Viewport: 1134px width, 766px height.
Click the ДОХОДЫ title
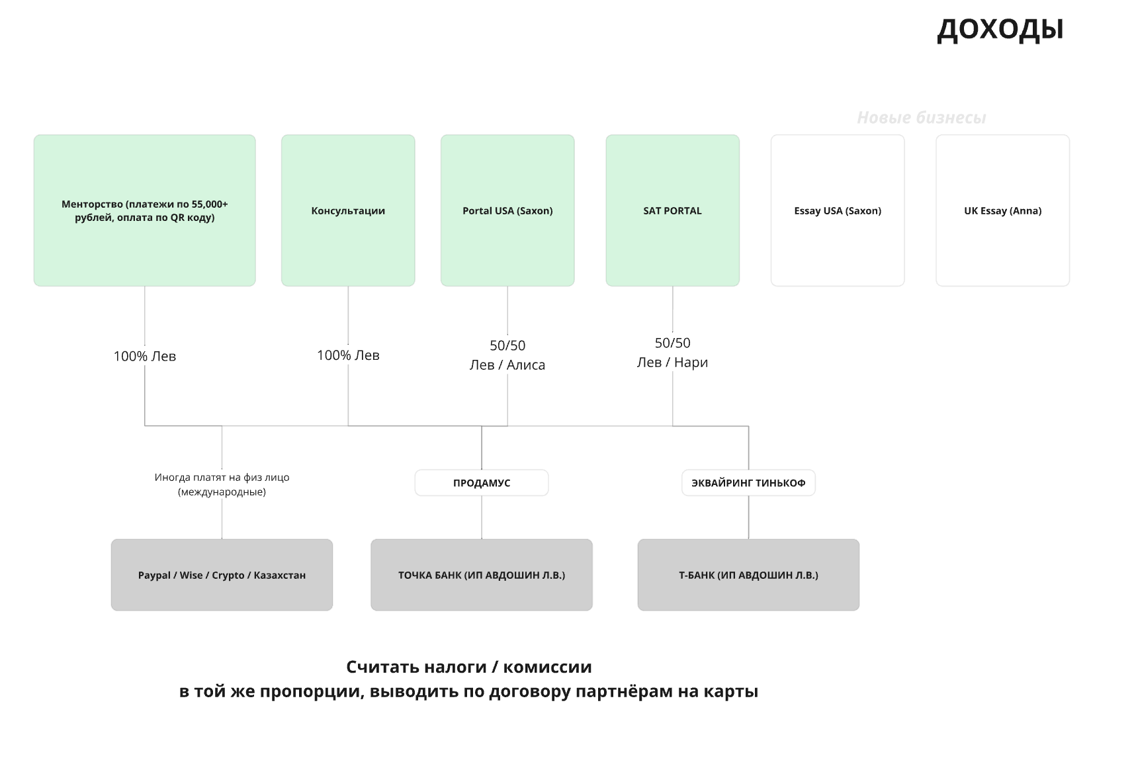coord(1000,29)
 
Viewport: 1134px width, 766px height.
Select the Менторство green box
coord(145,210)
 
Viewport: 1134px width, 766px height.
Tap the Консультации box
coord(348,210)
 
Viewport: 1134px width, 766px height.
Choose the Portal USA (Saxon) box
coord(507,210)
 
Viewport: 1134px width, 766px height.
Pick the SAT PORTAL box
coord(673,210)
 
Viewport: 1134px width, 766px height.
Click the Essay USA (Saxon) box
coord(838,210)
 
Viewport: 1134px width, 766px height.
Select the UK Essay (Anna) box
coord(1003,210)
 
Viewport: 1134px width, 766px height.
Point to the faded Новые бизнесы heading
coord(922,118)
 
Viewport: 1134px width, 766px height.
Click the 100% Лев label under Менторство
coord(145,357)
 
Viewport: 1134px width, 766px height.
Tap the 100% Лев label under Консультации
coord(348,355)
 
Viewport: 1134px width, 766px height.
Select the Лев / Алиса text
coord(507,365)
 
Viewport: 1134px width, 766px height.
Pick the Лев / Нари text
coord(673,362)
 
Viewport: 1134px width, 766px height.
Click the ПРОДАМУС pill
coord(482,483)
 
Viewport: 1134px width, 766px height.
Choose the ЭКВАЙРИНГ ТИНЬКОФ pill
coord(749,483)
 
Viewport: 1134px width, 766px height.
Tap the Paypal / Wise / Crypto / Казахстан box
coord(222,575)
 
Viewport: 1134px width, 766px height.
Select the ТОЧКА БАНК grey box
coord(482,575)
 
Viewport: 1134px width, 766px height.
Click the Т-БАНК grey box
coord(749,575)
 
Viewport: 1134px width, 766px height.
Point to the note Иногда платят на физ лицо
coord(222,484)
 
